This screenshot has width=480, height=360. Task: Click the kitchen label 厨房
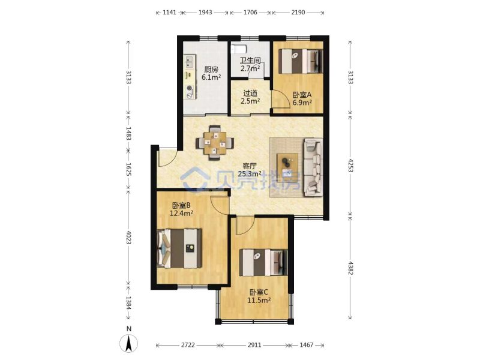212,70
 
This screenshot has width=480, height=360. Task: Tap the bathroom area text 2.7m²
250,68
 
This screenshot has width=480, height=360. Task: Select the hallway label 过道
250,93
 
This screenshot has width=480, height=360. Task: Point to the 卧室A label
302,95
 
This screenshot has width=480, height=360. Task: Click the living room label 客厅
250,166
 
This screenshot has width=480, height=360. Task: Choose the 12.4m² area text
182,213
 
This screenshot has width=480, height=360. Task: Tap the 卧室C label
259,292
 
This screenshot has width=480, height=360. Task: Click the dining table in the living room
215,143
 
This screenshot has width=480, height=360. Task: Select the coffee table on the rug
287,164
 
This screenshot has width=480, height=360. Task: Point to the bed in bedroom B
179,248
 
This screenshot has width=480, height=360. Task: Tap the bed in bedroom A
301,61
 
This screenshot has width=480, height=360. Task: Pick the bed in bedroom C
263,262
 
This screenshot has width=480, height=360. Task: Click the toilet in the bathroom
239,49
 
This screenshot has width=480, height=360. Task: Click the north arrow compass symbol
129,343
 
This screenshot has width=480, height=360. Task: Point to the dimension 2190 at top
298,13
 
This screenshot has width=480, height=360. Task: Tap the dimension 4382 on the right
351,268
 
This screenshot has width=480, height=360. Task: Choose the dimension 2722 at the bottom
188,345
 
